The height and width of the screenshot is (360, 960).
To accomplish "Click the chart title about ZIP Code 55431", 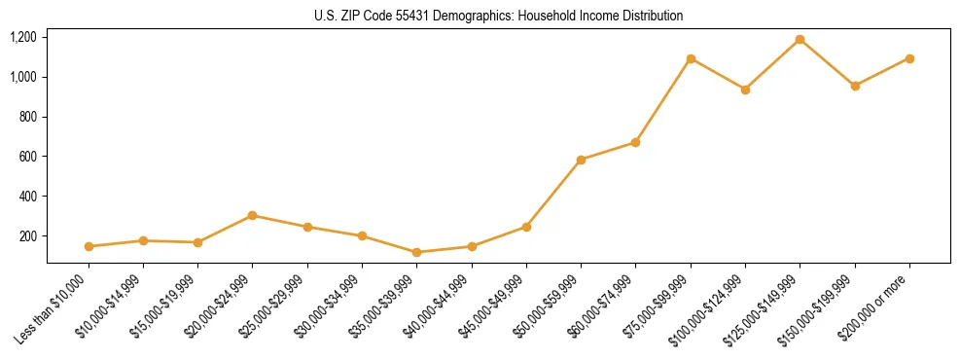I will tap(498, 16).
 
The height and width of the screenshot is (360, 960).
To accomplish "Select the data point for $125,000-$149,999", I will tap(800, 40).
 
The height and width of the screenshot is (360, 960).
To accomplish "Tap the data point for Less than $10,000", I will tap(89, 246).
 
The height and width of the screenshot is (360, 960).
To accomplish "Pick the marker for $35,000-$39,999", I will tap(417, 252).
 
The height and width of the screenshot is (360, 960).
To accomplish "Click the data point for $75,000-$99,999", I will tap(691, 58).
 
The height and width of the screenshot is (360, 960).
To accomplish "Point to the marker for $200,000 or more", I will tap(909, 58).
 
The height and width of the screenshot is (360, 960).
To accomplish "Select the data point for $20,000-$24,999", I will tap(253, 215).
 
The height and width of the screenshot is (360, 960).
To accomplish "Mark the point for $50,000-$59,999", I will tap(581, 160).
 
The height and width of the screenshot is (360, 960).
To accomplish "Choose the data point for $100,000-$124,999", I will tap(745, 90).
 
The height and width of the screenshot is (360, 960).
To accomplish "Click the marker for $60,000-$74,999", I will tap(635, 142).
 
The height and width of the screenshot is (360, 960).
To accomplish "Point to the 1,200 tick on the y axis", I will tap(23, 37).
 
